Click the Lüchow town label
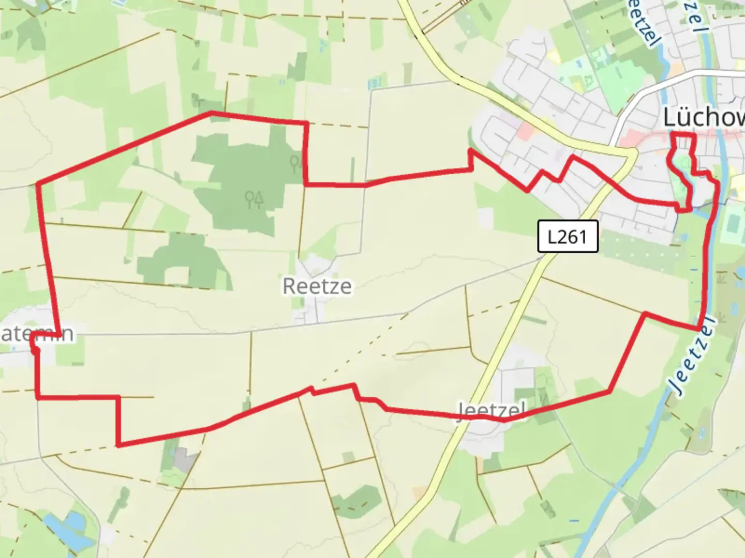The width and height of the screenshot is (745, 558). click(x=704, y=118)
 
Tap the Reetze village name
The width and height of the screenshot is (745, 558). click(x=317, y=286)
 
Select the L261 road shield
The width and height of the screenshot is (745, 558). click(x=568, y=237)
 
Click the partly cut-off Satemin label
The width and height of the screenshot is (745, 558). click(x=36, y=334)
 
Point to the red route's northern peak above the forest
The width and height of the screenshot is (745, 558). click(x=211, y=112)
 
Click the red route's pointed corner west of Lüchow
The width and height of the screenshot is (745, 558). click(x=470, y=150)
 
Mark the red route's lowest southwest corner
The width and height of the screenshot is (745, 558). click(x=119, y=445)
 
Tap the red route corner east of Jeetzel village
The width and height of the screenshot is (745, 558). click(x=610, y=392)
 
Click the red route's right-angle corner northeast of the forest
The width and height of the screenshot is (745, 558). click(x=307, y=123)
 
